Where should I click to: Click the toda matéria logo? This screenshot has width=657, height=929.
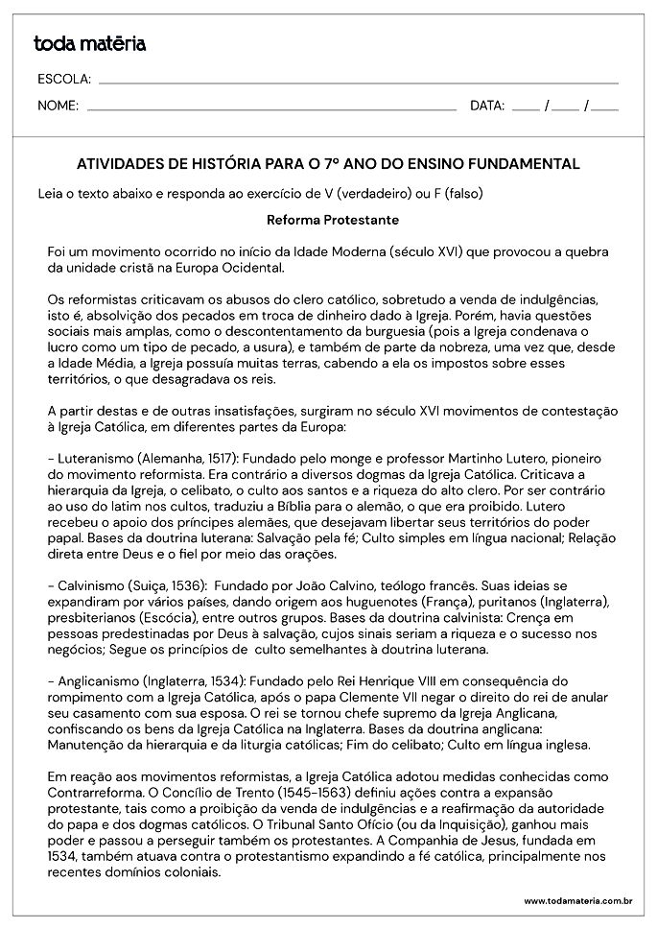(x=89, y=43)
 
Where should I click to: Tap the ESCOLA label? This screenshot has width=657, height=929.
(x=64, y=79)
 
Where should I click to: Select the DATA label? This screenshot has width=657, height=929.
(x=487, y=106)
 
